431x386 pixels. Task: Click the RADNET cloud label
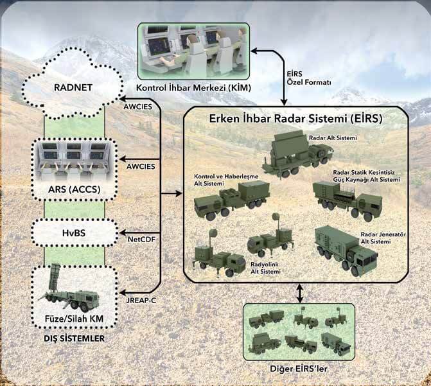click(73, 88)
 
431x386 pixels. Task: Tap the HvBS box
click(75, 233)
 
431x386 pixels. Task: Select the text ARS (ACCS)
click(75, 189)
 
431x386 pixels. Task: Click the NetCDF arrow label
click(141, 240)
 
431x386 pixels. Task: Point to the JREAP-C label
click(141, 301)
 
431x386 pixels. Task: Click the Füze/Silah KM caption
click(75, 319)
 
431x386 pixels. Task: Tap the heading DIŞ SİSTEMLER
click(75, 338)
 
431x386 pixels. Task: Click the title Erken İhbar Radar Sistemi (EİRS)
click(295, 119)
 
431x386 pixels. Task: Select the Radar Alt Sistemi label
click(333, 137)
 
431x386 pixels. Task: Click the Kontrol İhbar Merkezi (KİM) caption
click(194, 88)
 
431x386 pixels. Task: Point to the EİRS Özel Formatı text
click(309, 78)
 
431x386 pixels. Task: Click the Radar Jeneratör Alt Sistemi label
click(383, 238)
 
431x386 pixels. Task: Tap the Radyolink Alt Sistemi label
click(265, 268)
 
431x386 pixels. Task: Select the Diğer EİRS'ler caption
click(299, 369)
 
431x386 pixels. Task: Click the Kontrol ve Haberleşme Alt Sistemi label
click(226, 180)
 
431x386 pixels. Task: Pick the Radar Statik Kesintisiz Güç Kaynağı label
click(366, 176)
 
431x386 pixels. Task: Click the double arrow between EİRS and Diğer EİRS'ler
click(299, 294)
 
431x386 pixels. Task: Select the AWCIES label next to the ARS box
click(141, 166)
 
